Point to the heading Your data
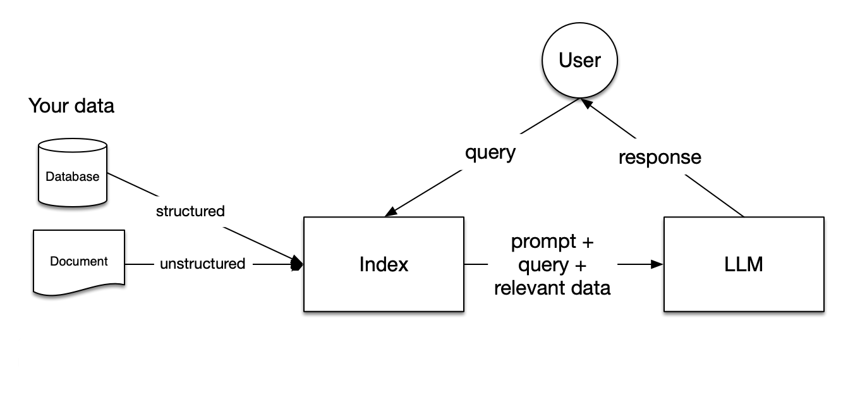point(71,106)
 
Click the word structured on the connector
point(190,211)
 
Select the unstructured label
point(202,264)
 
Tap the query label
point(490,152)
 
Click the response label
point(660,157)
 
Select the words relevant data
point(552,288)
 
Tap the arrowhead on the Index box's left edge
point(297,264)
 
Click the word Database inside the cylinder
point(73,176)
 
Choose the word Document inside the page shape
point(79,261)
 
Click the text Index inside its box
point(384,264)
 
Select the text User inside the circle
point(579,60)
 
